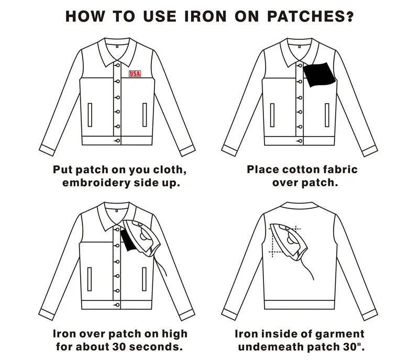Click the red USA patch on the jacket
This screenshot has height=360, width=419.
(x=135, y=74)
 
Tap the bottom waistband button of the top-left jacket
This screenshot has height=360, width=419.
(x=117, y=141)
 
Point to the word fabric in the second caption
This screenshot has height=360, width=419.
(x=339, y=170)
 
